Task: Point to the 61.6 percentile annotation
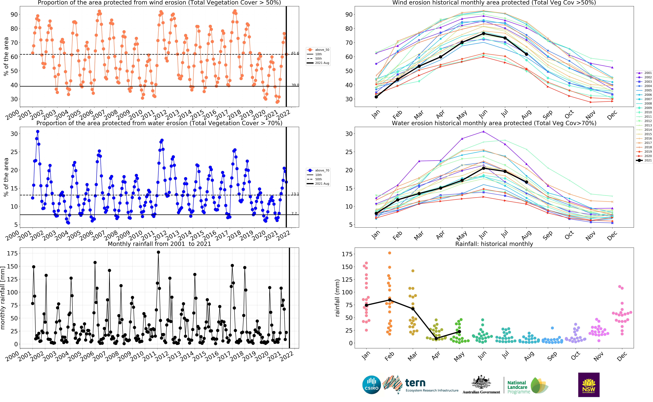[x=295, y=53]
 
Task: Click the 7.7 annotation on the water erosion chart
[x=294, y=214]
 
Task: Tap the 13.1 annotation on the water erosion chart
[x=295, y=194]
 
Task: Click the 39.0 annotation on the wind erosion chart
[x=295, y=85]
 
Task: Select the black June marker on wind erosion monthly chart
[x=483, y=33]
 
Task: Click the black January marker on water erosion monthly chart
[x=376, y=213]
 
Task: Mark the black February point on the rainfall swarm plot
[x=390, y=300]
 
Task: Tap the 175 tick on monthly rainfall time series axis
[x=12, y=253]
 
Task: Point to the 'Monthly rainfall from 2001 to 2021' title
[x=159, y=244]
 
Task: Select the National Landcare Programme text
[x=518, y=387]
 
